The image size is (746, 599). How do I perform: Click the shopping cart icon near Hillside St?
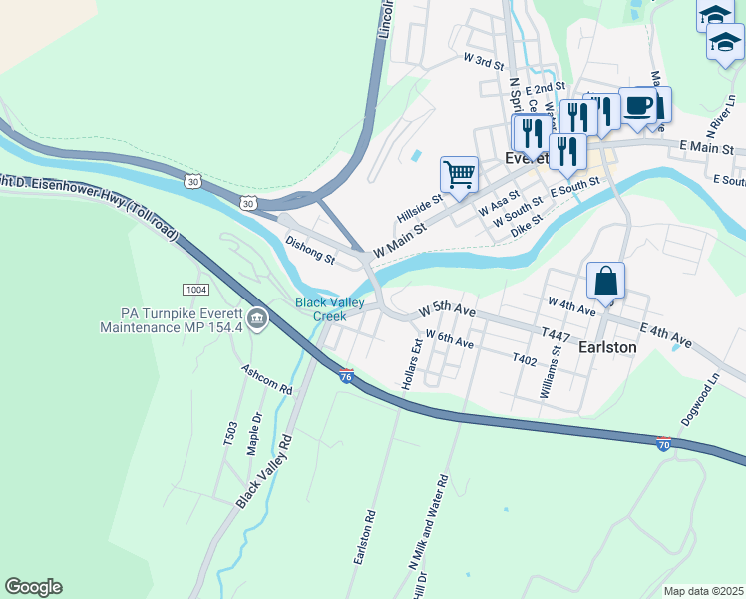(x=459, y=175)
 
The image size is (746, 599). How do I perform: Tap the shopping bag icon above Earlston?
(x=605, y=282)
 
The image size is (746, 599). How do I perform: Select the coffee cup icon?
(x=637, y=105)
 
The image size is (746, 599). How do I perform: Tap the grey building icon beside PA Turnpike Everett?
(x=257, y=319)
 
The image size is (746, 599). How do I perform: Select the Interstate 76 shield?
(x=346, y=376)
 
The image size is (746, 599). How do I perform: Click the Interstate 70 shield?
(x=663, y=444)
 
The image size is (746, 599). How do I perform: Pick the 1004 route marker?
(x=195, y=290)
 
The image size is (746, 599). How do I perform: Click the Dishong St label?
(x=310, y=250)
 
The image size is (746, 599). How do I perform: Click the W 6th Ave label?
(x=449, y=340)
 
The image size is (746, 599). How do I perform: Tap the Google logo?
(x=33, y=587)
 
